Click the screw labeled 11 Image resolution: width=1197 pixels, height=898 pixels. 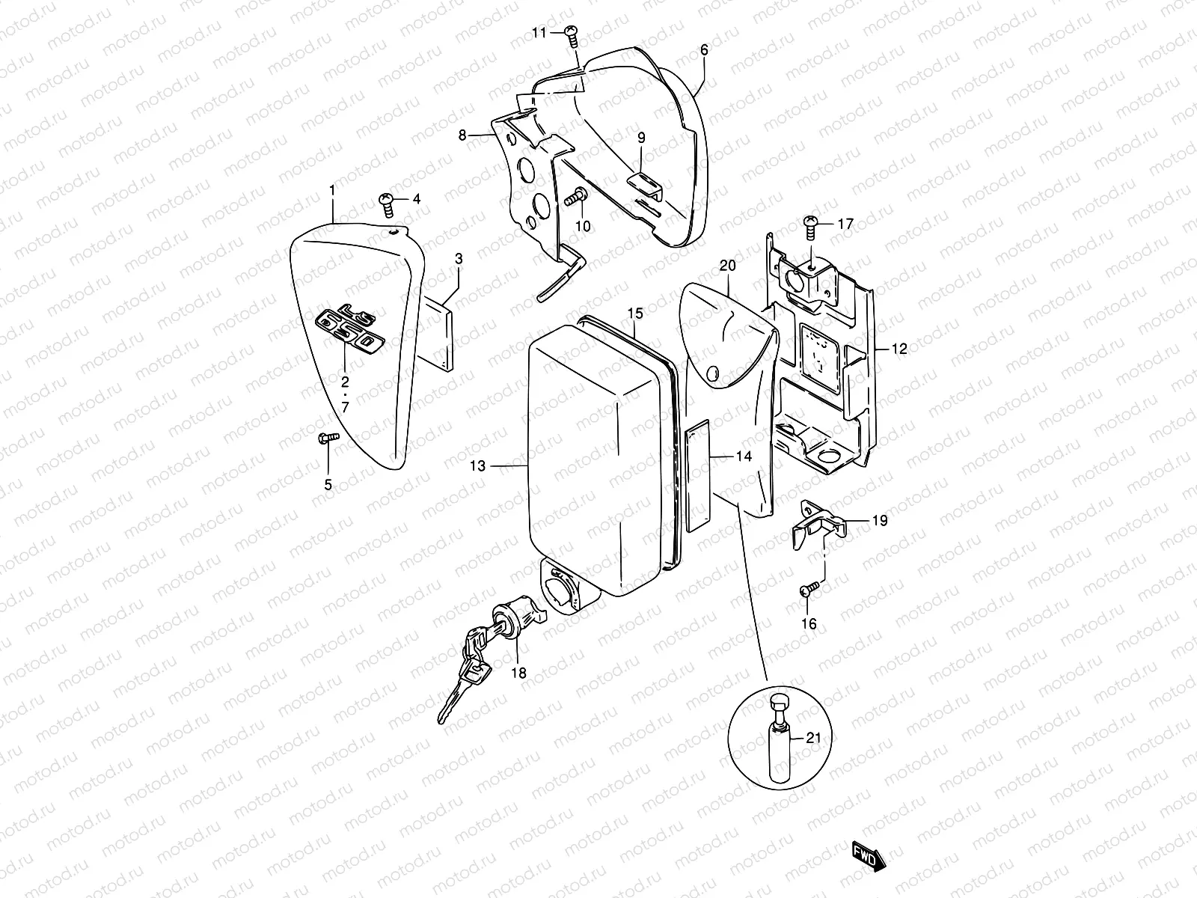tap(572, 32)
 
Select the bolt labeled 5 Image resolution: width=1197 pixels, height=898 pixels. tap(328, 437)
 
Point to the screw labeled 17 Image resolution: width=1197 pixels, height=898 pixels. tap(810, 223)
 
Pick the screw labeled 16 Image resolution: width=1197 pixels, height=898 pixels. tap(806, 591)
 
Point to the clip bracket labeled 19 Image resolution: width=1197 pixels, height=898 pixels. tap(817, 525)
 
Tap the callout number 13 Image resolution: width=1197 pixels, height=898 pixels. tap(478, 466)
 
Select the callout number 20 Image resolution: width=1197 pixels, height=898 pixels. tap(728, 266)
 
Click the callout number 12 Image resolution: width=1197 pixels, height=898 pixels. tap(899, 349)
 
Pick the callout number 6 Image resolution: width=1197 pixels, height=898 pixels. tap(704, 50)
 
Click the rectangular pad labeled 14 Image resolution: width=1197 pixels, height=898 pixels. tap(697, 474)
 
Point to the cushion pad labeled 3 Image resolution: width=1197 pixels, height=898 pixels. tap(438, 331)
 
